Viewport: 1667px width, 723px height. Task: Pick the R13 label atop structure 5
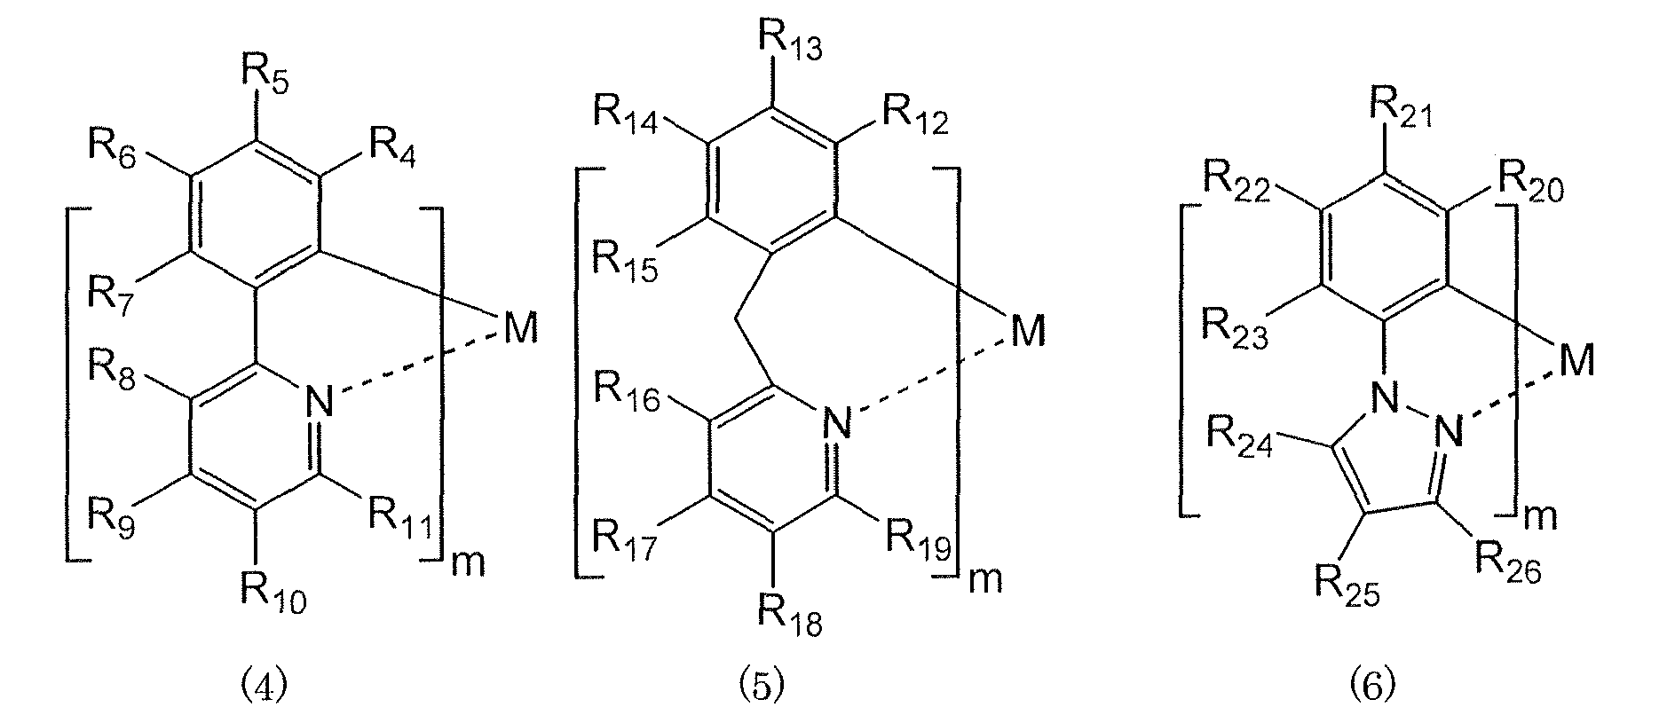(x=789, y=38)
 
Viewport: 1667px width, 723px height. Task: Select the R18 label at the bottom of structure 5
(x=789, y=616)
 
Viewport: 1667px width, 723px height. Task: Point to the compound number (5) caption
(x=762, y=687)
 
